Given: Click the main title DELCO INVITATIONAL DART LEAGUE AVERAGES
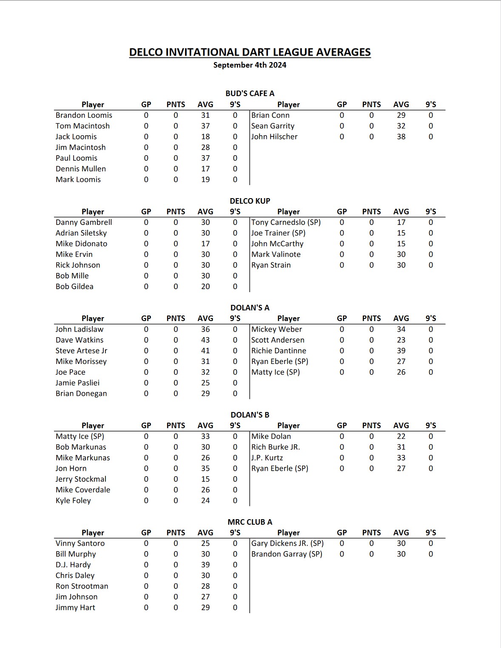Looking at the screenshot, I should click(x=250, y=52).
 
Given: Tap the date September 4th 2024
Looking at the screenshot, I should click(x=250, y=65).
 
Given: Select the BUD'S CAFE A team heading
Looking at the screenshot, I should click(x=250, y=94).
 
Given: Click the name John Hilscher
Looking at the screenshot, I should click(x=274, y=137).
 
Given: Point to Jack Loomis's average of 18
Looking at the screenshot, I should click(x=205, y=137).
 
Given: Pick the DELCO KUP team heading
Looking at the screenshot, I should click(x=250, y=201).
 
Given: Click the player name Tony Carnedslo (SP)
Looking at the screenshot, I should click(x=286, y=222).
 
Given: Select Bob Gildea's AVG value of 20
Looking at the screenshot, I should click(x=205, y=287).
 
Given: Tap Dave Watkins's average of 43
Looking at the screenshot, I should click(x=205, y=340).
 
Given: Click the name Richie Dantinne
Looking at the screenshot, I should click(x=279, y=351).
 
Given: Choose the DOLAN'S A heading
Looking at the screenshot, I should click(x=250, y=308).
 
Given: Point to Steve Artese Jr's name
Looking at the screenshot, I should click(x=81, y=351).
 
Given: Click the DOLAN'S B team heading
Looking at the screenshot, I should click(x=250, y=415).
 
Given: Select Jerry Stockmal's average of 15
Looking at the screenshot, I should click(x=205, y=479).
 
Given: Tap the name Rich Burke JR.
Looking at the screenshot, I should click(x=276, y=447).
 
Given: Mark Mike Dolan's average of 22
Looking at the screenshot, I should click(x=401, y=437).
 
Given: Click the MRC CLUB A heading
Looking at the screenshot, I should click(x=250, y=522).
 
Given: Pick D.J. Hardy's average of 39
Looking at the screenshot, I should click(x=205, y=565).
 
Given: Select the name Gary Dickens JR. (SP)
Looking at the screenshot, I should click(x=288, y=543).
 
